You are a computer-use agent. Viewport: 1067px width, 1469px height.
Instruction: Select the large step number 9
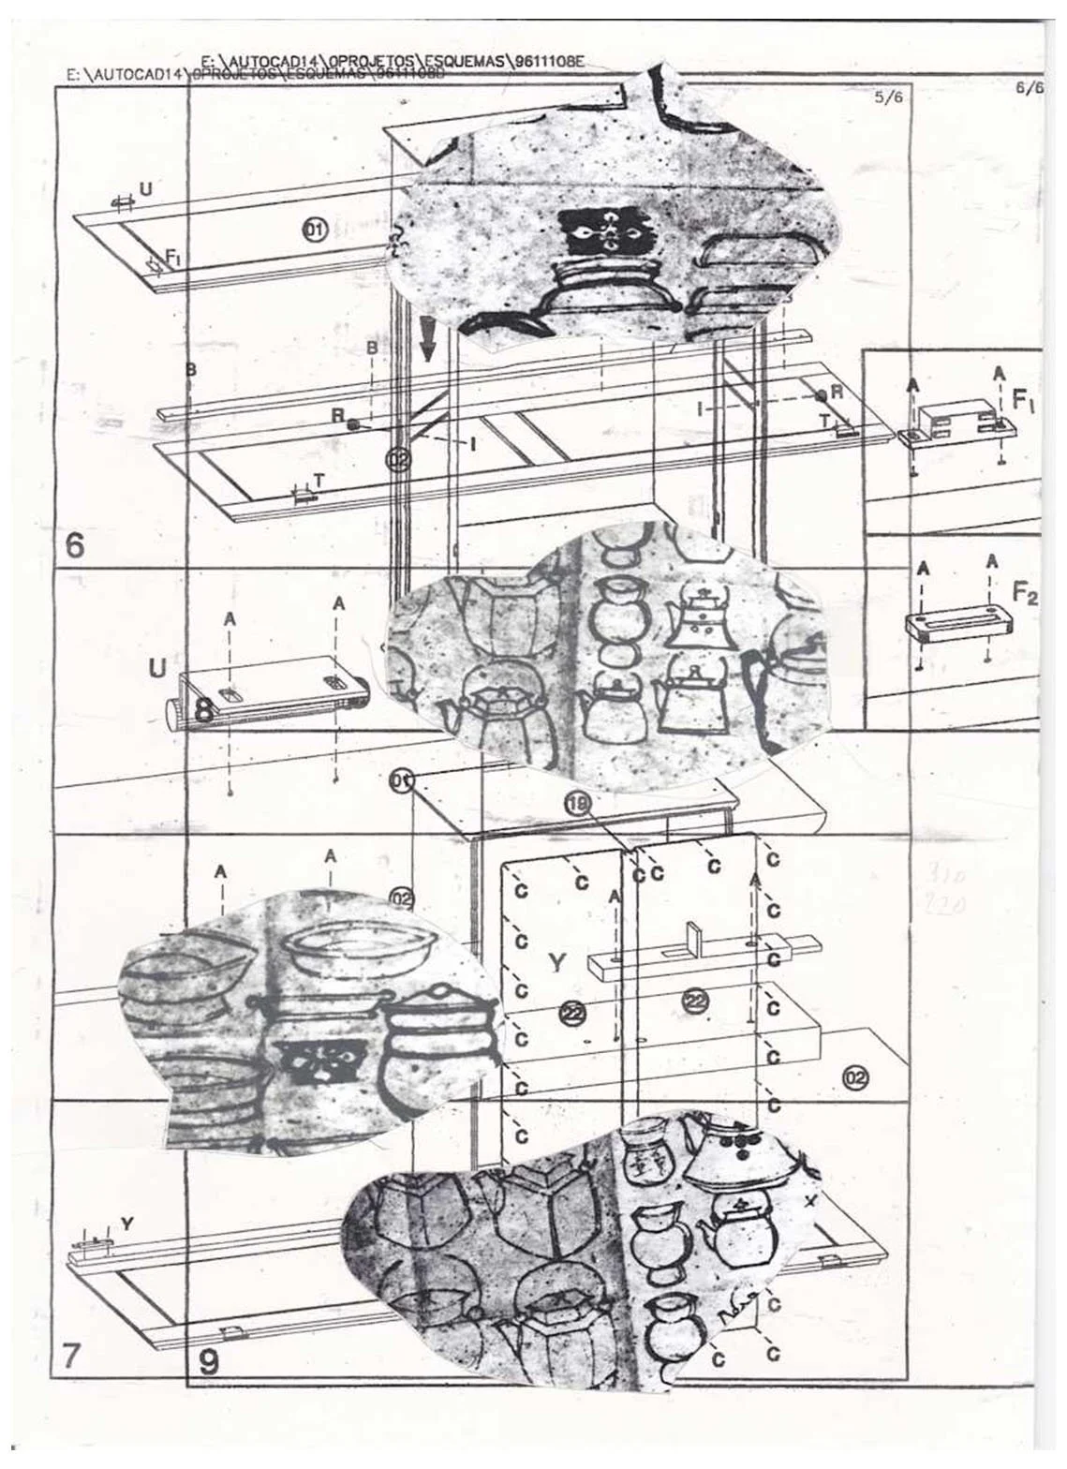(208, 1360)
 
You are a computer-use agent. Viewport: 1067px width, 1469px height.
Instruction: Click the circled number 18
(577, 803)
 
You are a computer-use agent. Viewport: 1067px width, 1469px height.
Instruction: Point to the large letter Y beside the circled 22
(556, 962)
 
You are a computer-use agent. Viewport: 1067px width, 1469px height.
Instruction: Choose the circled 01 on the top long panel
(314, 228)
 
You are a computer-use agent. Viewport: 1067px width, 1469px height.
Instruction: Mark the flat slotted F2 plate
(950, 625)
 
